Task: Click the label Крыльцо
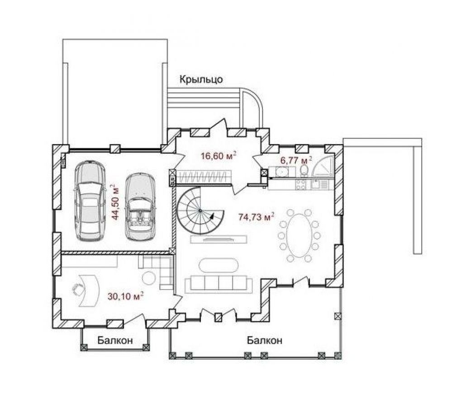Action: (201, 79)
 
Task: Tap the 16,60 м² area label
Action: (219, 156)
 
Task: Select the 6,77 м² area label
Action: (297, 160)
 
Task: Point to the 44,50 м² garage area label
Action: (116, 202)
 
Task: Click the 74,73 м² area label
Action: (256, 216)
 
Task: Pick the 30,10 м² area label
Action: (126, 296)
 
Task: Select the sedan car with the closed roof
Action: (90, 201)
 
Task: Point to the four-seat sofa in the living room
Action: (219, 283)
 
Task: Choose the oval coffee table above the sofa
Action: (219, 265)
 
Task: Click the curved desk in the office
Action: (89, 290)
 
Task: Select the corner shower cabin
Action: (324, 167)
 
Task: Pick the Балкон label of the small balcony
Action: (115, 341)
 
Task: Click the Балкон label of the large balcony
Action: (264, 341)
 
